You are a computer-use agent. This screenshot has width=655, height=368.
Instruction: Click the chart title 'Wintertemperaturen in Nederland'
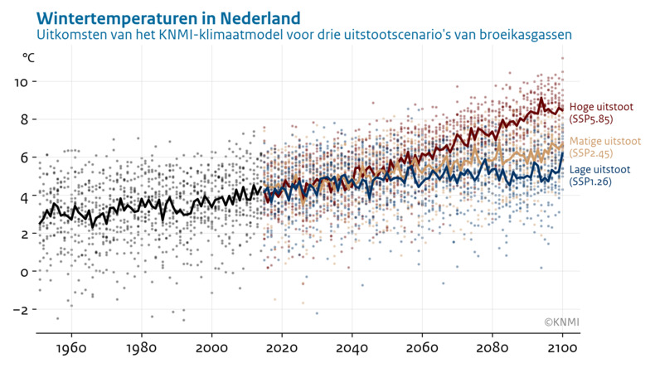[x=157, y=17]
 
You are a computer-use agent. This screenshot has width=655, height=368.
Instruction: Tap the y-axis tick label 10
[x=22, y=82]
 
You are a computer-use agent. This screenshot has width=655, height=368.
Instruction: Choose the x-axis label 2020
[x=282, y=348]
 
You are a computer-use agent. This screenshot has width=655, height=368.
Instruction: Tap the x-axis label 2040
[x=352, y=348]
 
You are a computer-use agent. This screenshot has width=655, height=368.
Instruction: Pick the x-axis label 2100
[x=563, y=348]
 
